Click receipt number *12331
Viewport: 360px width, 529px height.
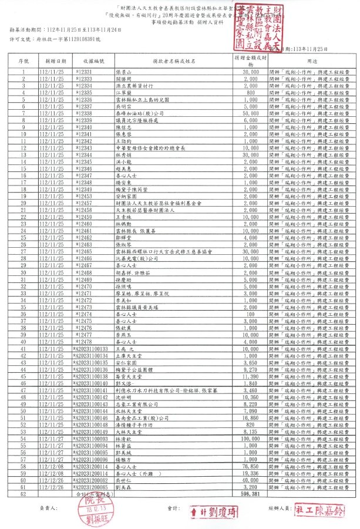pos(85,72)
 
